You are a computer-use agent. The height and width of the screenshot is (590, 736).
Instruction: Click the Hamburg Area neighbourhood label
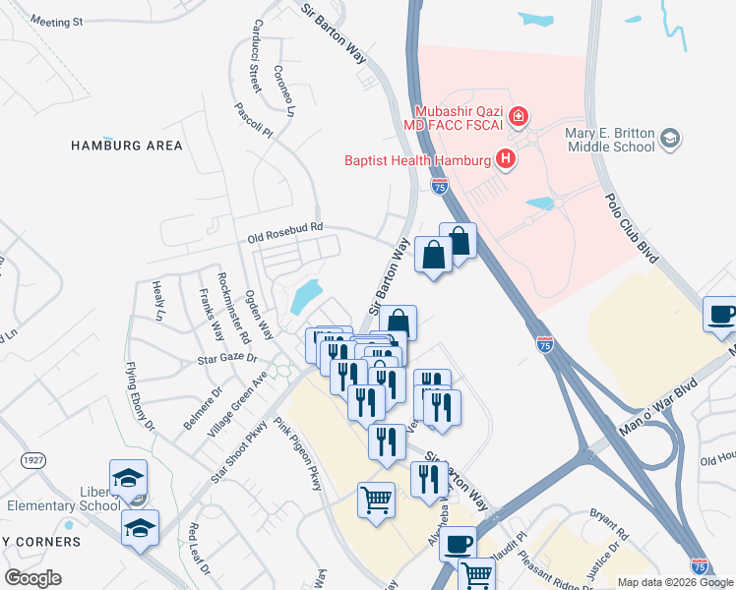(127, 146)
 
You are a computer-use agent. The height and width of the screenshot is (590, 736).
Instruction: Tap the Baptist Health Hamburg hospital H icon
(506, 157)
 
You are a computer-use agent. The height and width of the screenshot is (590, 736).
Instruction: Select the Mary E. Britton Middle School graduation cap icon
(671, 138)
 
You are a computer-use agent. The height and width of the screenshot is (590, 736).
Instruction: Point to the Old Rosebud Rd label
(285, 232)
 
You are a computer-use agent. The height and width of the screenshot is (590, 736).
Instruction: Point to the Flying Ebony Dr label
(141, 396)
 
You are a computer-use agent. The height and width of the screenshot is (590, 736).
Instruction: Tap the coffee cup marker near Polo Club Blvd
(721, 314)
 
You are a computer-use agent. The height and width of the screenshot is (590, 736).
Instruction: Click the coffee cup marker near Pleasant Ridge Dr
(459, 543)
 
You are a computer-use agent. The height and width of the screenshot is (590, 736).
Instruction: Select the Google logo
(33, 578)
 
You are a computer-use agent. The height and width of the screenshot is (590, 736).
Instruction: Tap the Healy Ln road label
(157, 301)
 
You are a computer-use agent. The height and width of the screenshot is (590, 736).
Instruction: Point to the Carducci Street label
(255, 56)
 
